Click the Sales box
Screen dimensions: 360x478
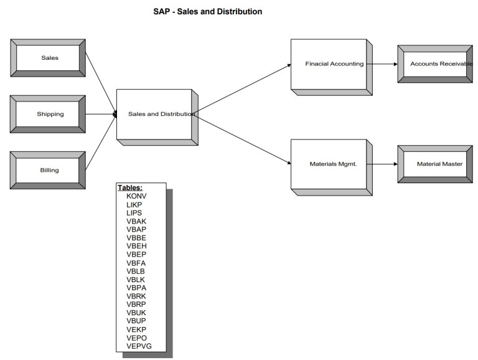[x=48, y=58]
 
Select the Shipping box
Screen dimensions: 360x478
[x=48, y=114]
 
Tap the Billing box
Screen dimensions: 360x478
[x=48, y=170]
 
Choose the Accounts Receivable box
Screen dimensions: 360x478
[x=434, y=64]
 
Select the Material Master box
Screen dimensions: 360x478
[x=434, y=164]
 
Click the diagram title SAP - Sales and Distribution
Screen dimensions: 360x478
[x=208, y=11]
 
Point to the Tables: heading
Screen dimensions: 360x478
[x=130, y=187]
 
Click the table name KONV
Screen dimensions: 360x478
[x=137, y=196]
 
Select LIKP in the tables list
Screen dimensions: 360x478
[x=134, y=204]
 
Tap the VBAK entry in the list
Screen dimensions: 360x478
[x=136, y=221]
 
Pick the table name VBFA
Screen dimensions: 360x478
[x=136, y=263]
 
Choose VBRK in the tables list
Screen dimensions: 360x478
[x=136, y=296]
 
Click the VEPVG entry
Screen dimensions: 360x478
[x=139, y=346]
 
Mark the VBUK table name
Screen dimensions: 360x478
[x=136, y=313]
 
